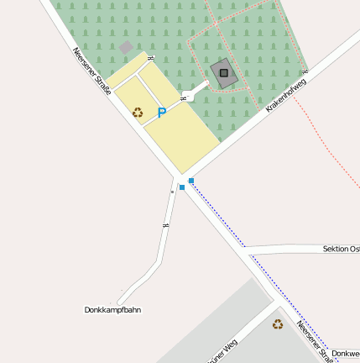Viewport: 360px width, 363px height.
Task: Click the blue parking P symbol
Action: [162, 112]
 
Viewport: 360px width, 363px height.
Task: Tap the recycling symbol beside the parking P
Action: [138, 112]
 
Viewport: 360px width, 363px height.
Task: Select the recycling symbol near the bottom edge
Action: [277, 324]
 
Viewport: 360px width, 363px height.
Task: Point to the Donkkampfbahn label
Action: [112, 310]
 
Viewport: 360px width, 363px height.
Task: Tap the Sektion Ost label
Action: [341, 250]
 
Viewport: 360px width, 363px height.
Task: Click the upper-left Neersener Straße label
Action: [91, 70]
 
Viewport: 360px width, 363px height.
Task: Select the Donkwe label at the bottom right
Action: [345, 354]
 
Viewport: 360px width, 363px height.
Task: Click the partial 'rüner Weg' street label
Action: [222, 350]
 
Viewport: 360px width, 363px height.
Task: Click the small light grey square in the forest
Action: [126, 48]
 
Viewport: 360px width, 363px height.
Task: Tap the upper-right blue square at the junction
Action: [191, 181]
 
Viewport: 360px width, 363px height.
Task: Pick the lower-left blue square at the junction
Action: [181, 187]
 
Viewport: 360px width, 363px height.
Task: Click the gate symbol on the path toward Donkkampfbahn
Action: [166, 225]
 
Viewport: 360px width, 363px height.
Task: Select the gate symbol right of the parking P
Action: [183, 99]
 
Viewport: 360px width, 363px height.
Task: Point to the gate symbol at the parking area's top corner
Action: [150, 58]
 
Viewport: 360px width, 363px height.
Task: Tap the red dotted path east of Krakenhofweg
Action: [331, 151]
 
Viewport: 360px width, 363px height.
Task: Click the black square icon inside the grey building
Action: [223, 72]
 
